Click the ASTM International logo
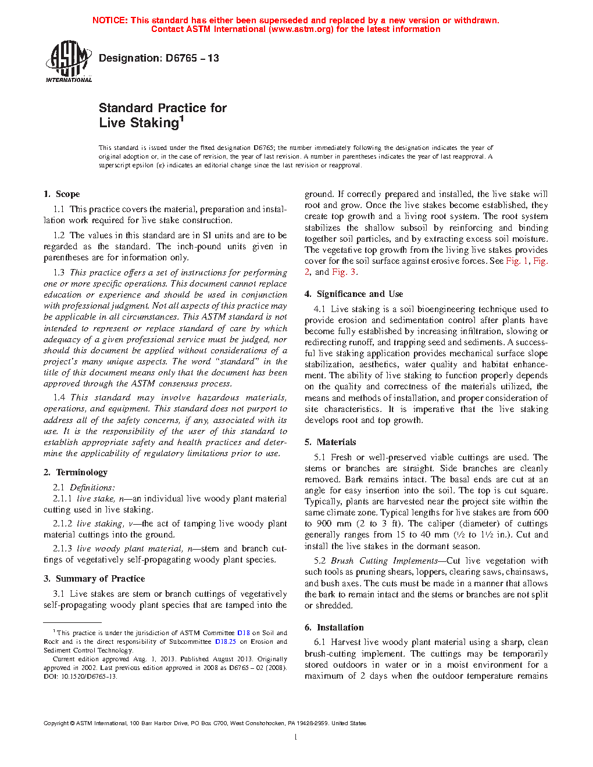(68, 60)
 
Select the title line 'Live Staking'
(139, 123)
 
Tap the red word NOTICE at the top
(110, 20)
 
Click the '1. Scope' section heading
(62, 194)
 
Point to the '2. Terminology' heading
(76, 472)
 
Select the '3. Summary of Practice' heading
(94, 579)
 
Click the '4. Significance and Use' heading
(353, 294)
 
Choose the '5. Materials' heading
(330, 442)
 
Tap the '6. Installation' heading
(334, 628)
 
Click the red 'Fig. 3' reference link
(344, 272)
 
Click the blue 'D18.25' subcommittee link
(226, 642)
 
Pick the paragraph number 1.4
(59, 397)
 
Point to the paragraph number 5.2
(320, 561)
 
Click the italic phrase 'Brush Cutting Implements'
(384, 561)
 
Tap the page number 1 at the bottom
(296, 737)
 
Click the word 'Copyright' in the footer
(56, 723)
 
